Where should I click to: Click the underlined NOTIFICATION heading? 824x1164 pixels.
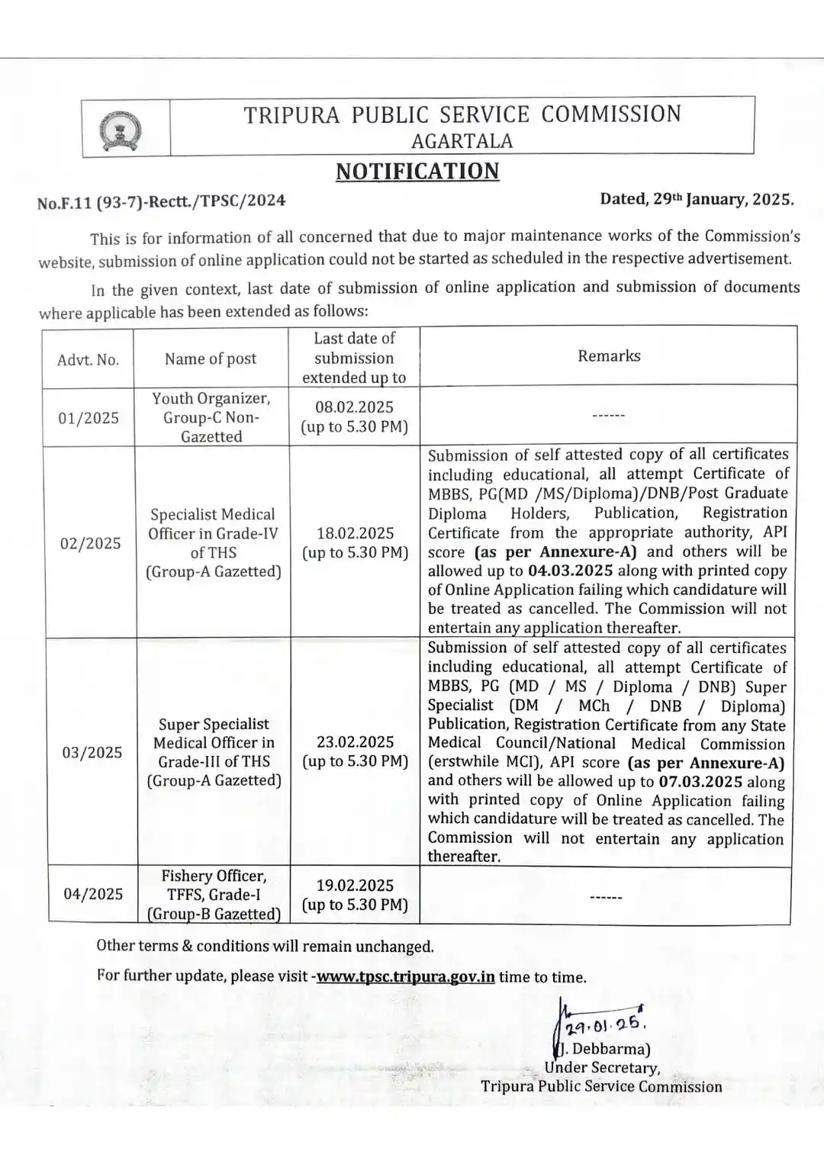[417, 172]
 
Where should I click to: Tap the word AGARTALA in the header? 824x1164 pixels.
[462, 141]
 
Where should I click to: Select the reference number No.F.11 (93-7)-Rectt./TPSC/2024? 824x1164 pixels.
[161, 201]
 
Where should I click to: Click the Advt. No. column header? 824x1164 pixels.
[88, 359]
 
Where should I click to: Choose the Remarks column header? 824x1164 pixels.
[609, 355]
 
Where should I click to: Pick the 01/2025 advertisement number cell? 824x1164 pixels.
[89, 418]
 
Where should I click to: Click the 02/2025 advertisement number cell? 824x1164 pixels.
[91, 543]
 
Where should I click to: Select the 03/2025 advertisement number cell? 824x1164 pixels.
[92, 752]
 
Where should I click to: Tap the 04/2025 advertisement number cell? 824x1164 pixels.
[93, 894]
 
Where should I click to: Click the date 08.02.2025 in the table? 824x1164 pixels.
[354, 407]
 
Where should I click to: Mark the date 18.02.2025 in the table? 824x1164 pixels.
[356, 532]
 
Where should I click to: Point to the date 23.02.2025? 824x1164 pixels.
[356, 741]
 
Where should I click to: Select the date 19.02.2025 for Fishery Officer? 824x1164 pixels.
[355, 885]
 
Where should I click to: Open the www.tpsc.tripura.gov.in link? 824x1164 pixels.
[405, 976]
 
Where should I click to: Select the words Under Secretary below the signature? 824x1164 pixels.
[602, 1068]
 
